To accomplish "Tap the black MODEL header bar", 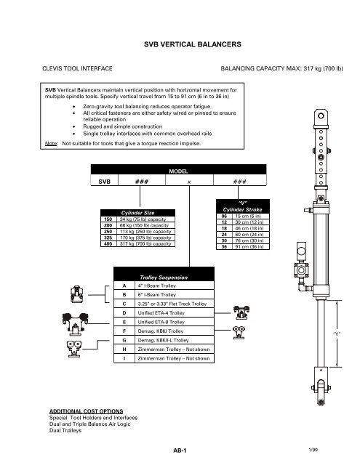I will tap(178, 171).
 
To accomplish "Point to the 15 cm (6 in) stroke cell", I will tap(242, 216).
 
